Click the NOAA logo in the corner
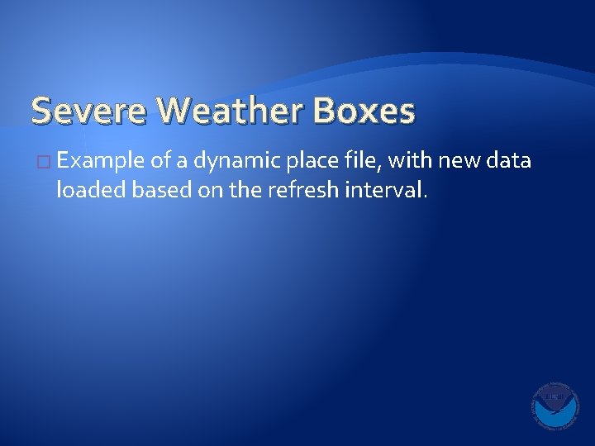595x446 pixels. point(555,406)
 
